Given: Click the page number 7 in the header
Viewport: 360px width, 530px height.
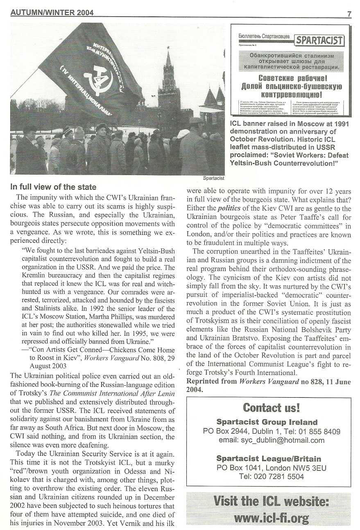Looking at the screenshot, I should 349,13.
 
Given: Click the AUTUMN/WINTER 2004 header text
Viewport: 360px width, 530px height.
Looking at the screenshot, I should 52,13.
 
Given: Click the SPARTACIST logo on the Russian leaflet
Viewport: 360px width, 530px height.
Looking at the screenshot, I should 320,40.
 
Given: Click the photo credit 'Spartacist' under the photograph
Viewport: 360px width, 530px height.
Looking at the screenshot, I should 214,178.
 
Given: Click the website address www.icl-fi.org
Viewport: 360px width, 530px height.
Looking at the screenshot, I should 272,518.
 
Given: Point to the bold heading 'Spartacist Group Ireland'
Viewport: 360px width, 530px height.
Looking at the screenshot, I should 267,422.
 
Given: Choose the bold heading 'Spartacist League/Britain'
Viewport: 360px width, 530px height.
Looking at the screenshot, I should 268,458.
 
